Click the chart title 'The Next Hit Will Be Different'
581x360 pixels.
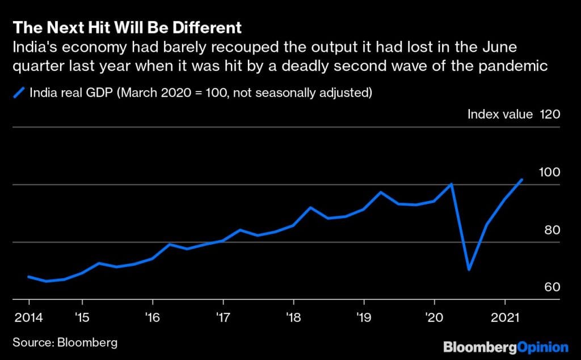127,27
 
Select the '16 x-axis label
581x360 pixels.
151,316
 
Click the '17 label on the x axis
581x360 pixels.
222,316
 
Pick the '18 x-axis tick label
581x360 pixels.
293,316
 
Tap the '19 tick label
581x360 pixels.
364,316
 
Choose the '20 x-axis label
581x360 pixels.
434,316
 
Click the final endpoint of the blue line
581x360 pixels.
522,179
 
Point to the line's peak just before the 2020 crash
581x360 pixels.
452,184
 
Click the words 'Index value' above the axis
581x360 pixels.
500,114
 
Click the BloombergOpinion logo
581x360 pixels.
506,346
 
